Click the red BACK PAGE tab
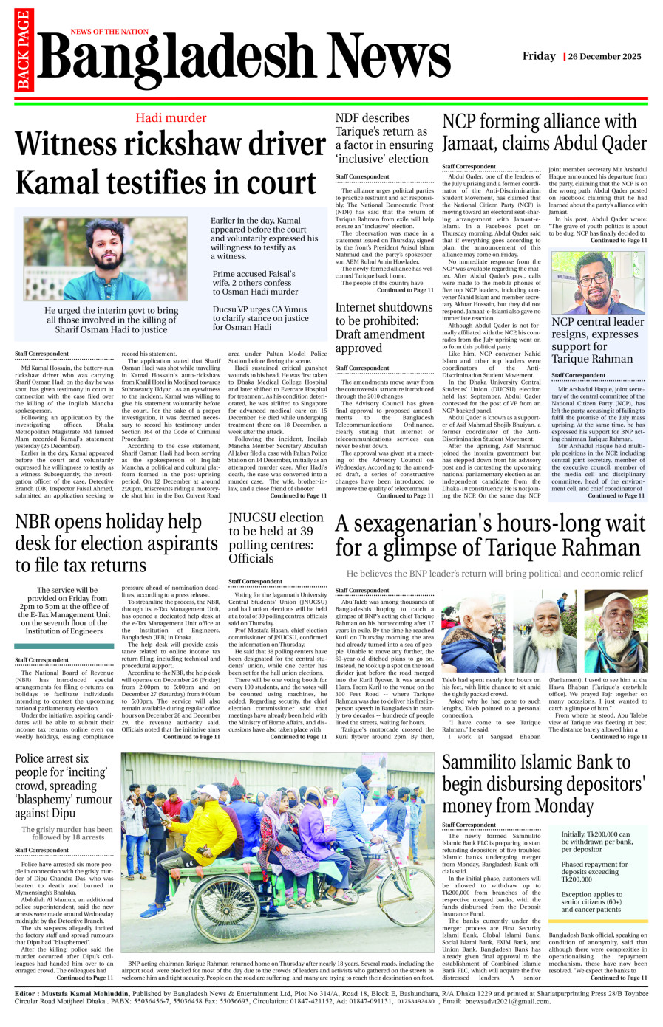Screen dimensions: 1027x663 (x=23, y=49)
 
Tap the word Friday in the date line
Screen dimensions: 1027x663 (x=539, y=56)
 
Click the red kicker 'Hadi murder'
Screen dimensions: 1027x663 (x=171, y=118)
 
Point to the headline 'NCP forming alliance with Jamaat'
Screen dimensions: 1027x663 (x=544, y=132)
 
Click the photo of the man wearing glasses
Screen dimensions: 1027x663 (x=599, y=283)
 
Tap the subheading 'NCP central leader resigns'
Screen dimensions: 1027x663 (x=597, y=340)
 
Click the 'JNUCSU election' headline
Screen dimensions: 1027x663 (x=275, y=537)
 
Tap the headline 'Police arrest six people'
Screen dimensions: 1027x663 (x=64, y=786)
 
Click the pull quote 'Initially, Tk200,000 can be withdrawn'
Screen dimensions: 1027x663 (x=597, y=842)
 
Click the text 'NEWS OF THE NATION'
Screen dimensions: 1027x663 (x=109, y=32)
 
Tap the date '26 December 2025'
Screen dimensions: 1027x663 (x=604, y=57)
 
